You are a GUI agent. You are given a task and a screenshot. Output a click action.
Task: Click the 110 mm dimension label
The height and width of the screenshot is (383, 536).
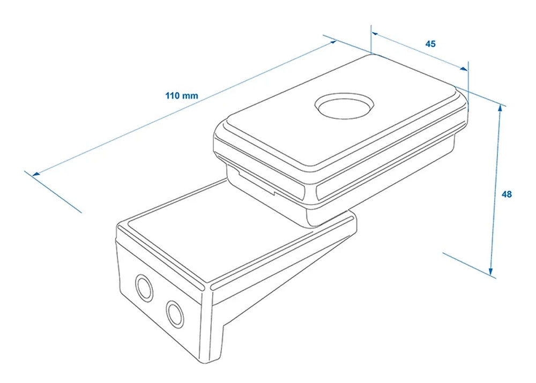182,95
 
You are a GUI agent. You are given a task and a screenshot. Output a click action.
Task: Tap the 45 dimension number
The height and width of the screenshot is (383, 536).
430,44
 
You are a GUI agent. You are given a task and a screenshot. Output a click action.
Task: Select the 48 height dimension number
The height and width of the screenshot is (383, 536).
507,194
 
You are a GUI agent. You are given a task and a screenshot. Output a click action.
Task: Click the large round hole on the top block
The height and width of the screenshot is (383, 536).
344,106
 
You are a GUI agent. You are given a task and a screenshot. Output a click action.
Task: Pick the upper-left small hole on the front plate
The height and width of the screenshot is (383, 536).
144,288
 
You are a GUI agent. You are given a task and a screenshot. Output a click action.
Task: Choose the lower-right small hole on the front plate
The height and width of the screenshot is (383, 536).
175,314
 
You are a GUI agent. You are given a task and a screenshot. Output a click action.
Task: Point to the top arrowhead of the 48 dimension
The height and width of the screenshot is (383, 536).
501,109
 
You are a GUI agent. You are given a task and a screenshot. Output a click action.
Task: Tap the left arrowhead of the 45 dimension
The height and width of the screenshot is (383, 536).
375,34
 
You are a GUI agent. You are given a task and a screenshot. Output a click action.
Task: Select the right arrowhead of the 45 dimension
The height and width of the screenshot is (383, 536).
464,69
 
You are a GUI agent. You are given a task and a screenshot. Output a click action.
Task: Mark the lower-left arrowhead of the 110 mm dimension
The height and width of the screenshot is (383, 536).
36,174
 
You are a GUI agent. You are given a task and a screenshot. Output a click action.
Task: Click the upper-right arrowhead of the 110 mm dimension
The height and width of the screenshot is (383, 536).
333,42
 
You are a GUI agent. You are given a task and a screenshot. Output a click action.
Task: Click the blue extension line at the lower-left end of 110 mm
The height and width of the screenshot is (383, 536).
53,192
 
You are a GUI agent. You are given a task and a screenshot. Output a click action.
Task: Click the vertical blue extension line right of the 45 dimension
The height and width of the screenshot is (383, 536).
468,82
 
